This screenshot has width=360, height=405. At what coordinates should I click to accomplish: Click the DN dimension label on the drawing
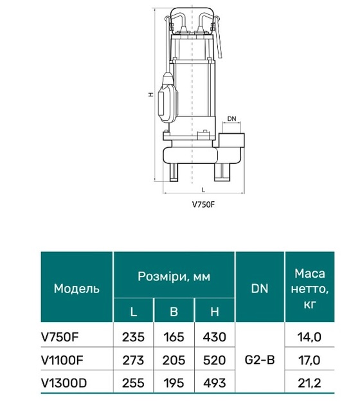pos(231,118)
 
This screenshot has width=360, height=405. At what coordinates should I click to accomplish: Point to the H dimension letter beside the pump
pos(151,94)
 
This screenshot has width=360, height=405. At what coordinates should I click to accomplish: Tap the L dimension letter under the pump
pos(203,190)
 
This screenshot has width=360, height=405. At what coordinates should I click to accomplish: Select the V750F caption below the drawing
pos(204,204)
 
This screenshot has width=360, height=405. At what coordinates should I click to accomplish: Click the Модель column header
pos(76,288)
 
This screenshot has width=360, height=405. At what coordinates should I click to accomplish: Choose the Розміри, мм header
pos(174,276)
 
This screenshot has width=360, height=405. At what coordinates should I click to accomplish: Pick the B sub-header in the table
pos(174,312)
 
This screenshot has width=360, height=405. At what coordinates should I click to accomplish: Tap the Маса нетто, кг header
pos(310,289)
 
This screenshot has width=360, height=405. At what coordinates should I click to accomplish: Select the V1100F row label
pos(62,360)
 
